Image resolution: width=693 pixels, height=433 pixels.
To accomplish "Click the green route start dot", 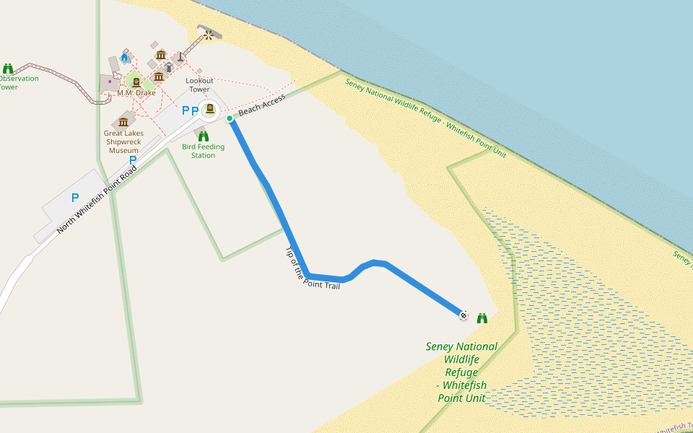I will pyautogui.click(x=230, y=118).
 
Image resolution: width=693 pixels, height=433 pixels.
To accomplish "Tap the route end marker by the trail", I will pyautogui.click(x=463, y=315).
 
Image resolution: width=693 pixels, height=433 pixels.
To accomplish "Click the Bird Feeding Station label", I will pyautogui.click(x=203, y=151).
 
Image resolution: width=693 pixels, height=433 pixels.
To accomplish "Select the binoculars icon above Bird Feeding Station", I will pyautogui.click(x=204, y=136).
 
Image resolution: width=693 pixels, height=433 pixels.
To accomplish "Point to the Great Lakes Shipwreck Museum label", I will pyautogui.click(x=123, y=141).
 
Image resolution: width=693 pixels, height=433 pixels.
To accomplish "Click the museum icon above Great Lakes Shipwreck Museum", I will pyautogui.click(x=123, y=121).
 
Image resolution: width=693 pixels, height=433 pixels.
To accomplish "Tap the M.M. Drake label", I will pyautogui.click(x=136, y=93).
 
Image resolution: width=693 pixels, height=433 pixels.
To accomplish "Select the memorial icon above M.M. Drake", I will pyautogui.click(x=136, y=82).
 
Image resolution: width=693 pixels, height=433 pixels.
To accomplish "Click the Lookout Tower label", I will pyautogui.click(x=199, y=85).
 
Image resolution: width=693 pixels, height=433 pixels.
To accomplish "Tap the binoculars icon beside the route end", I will pyautogui.click(x=482, y=318).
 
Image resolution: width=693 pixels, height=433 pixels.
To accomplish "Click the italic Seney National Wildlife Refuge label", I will pyautogui.click(x=461, y=372).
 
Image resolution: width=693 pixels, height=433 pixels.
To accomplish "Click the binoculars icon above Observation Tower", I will pyautogui.click(x=8, y=69).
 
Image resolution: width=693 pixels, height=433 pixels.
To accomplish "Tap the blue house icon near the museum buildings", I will pyautogui.click(x=124, y=57).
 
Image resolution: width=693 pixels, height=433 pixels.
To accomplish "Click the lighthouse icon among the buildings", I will pyautogui.click(x=180, y=56).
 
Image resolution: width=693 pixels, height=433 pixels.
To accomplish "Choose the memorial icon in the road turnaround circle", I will pyautogui.click(x=209, y=109).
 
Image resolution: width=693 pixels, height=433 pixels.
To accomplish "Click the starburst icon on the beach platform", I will pyautogui.click(x=209, y=34).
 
